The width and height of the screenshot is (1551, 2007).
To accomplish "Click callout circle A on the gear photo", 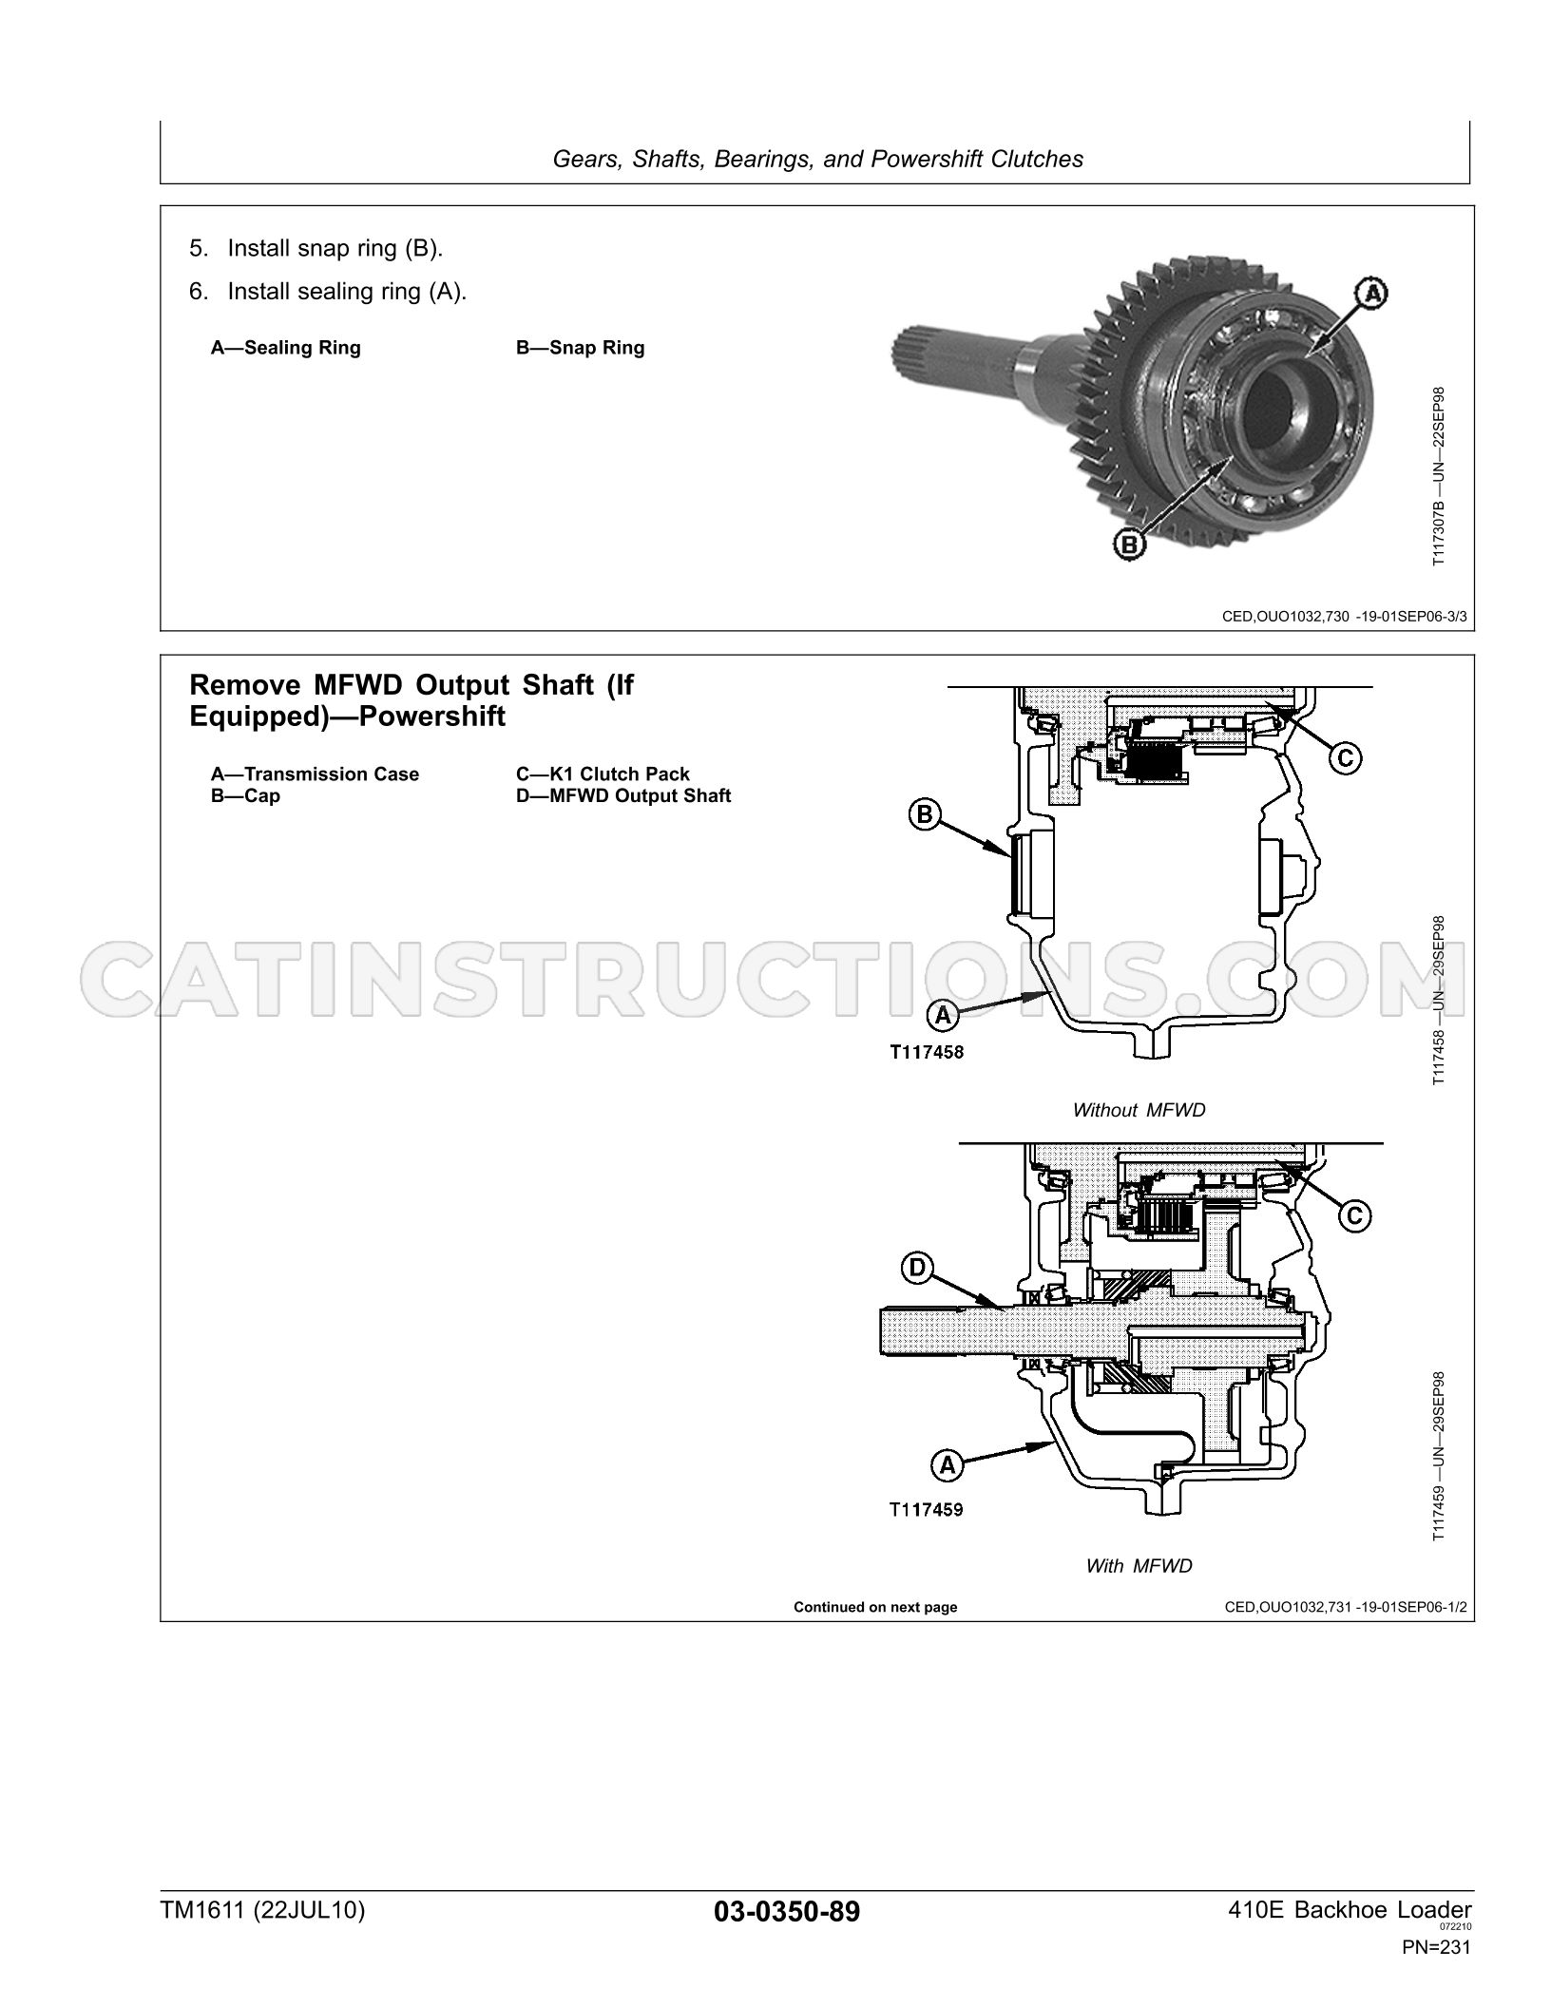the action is [1370, 294].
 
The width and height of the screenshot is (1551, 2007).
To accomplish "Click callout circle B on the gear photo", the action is [1130, 545].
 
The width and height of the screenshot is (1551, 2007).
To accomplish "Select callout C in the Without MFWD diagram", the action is [1345, 757].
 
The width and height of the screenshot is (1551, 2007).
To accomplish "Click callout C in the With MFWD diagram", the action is [1355, 1215].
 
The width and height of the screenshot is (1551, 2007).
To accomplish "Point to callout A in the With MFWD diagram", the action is [948, 1466].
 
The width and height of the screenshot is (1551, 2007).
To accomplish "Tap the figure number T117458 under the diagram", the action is [927, 1052].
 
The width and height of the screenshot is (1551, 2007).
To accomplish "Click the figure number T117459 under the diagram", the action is [927, 1508].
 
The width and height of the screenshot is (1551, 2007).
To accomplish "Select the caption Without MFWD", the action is [1139, 1110].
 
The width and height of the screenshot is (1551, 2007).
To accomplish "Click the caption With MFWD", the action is [1139, 1566].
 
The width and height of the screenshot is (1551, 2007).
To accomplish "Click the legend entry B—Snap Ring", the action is [580, 348].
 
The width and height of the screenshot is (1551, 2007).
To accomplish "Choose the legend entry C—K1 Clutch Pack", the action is [603, 774].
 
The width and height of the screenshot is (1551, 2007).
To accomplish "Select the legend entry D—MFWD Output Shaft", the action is [623, 796].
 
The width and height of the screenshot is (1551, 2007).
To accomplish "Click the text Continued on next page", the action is [875, 1608].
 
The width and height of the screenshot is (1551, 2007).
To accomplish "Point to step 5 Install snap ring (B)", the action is [316, 249].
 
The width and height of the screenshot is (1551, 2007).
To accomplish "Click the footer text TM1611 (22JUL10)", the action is [262, 1910].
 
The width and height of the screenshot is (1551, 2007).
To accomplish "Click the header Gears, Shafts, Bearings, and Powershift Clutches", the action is [817, 159].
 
